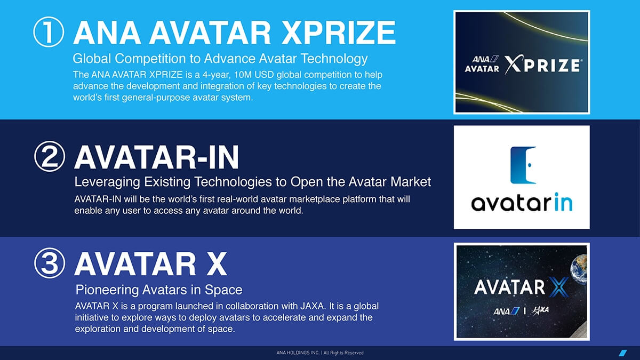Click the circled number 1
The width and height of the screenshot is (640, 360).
[x=49, y=32]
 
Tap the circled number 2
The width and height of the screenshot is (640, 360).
[x=50, y=156]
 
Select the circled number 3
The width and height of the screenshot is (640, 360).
[x=50, y=263]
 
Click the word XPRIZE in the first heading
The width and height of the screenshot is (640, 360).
[x=338, y=33]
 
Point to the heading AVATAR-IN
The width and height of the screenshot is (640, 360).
[x=157, y=157]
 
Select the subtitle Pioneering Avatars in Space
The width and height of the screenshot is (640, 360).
[x=159, y=290]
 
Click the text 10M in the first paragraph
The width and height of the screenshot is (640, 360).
[x=243, y=75]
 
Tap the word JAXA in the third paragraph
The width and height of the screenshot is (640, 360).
[x=313, y=306]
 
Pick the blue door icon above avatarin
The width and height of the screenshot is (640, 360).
[x=523, y=165]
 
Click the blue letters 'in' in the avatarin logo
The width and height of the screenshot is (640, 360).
[x=563, y=202]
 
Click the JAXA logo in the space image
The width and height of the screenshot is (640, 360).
[x=540, y=310]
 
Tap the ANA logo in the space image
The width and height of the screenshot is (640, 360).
[x=506, y=311]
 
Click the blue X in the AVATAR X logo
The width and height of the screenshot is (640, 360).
[x=558, y=287]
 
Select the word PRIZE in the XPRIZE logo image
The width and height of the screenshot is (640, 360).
[x=551, y=66]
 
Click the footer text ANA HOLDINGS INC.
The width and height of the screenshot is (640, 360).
[x=298, y=353]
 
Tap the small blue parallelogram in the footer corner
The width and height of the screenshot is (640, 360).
[x=623, y=353]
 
